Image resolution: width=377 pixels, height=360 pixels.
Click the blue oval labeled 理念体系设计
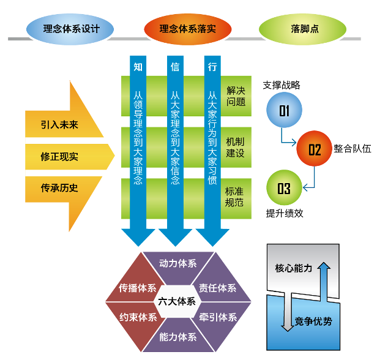click(71, 28)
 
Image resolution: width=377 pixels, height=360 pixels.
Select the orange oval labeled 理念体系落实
click(187, 28)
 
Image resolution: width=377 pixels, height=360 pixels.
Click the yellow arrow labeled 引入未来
click(59, 125)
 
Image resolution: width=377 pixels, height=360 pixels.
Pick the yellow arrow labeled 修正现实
click(59, 157)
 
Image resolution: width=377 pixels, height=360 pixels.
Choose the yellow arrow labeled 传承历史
click(59, 188)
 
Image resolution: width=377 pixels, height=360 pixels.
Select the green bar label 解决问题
click(236, 96)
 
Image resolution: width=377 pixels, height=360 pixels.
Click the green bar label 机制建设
click(236, 147)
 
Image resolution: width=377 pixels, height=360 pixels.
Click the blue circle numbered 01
click(284, 110)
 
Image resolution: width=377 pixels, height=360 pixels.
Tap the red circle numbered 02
click(313, 149)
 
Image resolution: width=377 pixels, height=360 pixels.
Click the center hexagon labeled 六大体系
click(177, 301)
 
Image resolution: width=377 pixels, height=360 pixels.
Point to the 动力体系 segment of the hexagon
click(177, 264)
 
